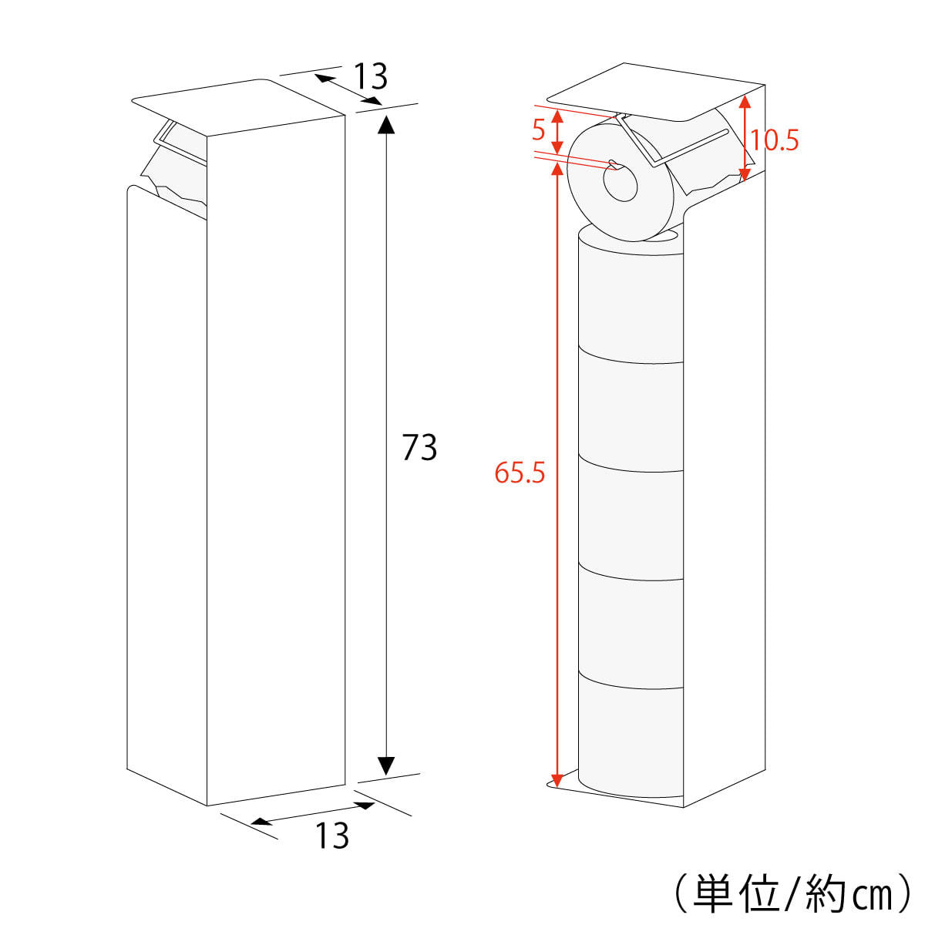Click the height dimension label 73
click(x=419, y=447)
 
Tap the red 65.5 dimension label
click(x=520, y=473)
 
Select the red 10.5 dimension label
click(x=774, y=140)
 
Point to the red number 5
click(x=539, y=129)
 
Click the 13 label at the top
click(x=370, y=77)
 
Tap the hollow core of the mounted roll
click(x=620, y=184)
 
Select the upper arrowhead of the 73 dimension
click(x=386, y=125)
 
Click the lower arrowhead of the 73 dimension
click(x=386, y=765)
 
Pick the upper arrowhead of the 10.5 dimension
click(x=744, y=102)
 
